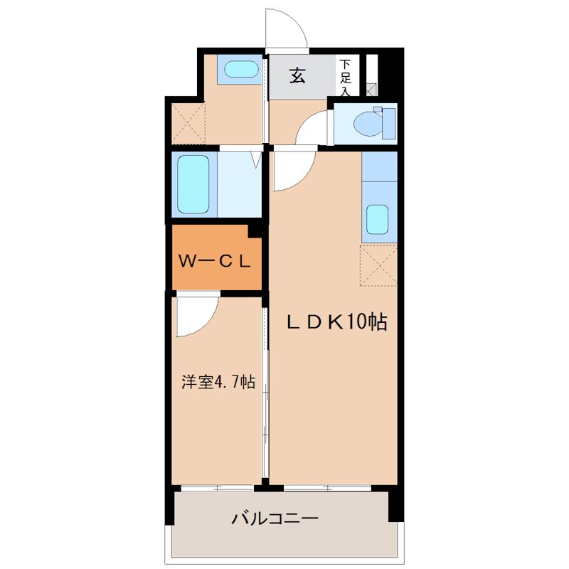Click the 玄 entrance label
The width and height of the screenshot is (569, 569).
297,75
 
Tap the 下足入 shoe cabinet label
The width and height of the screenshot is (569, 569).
345,77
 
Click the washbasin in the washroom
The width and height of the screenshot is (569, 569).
240,70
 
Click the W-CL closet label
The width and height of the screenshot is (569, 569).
214,261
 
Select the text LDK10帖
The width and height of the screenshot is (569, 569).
336,322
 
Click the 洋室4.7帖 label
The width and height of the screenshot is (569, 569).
217,382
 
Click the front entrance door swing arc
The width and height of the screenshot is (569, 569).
287,28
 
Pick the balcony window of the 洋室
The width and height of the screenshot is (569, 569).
217,488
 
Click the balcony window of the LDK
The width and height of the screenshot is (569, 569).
327,488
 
